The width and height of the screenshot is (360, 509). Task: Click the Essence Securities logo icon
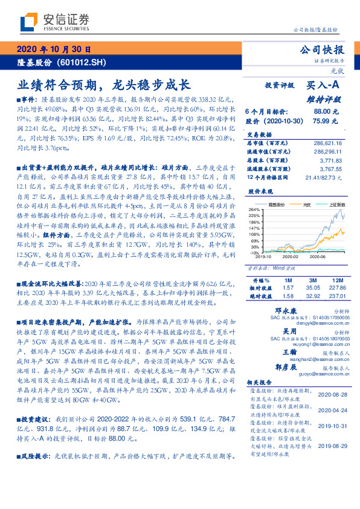30,22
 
